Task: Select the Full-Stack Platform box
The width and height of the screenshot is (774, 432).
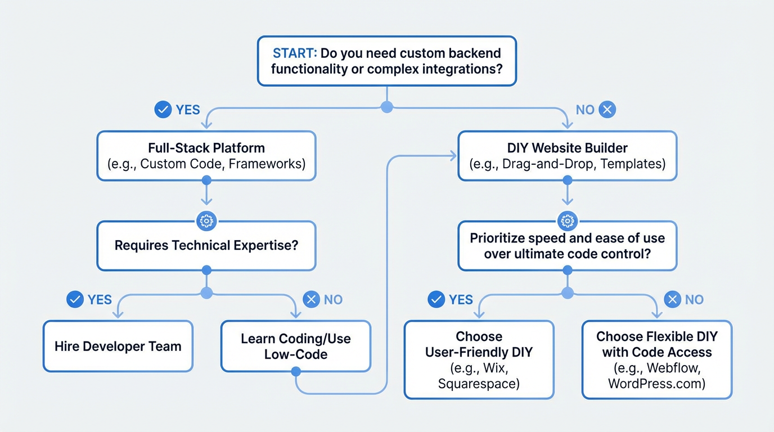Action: coord(206,156)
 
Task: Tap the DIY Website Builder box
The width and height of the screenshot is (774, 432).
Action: coord(567,156)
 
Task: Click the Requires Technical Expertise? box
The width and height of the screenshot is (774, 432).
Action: coord(206,246)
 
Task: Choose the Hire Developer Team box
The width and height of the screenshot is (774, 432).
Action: coord(118,346)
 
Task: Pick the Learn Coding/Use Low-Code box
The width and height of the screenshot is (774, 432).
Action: coord(296,346)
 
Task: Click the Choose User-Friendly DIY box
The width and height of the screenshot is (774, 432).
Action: coord(479,360)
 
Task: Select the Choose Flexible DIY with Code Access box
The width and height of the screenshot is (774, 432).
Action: coord(656,360)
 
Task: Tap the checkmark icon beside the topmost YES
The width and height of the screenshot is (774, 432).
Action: coord(163,110)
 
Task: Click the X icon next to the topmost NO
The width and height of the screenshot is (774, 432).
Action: coord(606,110)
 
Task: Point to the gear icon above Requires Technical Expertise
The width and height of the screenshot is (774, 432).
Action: coord(206,221)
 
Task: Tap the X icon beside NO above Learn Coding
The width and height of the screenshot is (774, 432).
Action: coord(311,299)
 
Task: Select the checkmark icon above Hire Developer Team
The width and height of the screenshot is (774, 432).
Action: coord(75,299)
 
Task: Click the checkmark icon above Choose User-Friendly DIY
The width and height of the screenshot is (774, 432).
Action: coord(436,299)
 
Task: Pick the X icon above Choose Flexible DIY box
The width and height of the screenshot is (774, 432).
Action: coord(672,299)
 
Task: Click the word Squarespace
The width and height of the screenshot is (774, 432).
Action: coord(479,384)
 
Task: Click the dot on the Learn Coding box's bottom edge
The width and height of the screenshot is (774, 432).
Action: coord(296,371)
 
